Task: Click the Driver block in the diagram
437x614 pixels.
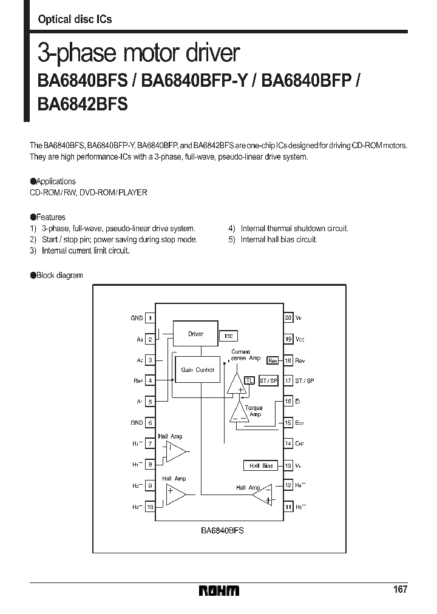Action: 195,334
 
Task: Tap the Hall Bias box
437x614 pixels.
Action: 260,466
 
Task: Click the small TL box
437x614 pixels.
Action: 249,380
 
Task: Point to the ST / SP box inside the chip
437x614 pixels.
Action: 268,380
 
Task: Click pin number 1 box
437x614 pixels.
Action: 150,318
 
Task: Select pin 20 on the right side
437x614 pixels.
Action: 288,318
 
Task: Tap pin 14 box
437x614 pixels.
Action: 288,444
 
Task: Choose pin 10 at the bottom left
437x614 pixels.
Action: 150,507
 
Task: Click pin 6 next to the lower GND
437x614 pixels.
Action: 150,423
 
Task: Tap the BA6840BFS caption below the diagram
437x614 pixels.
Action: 222,530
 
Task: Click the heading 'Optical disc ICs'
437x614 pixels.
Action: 75,19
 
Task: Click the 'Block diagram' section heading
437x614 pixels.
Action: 59,275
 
